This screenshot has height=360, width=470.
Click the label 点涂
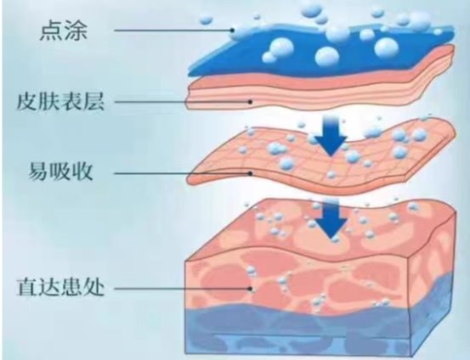[64, 31]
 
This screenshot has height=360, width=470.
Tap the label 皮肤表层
[60, 102]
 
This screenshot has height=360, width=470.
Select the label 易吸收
[60, 172]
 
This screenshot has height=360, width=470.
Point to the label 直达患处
[60, 287]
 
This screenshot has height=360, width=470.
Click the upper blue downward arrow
[331, 136]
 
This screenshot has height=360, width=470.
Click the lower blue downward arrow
[331, 220]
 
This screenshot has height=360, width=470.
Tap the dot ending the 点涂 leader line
[232, 30]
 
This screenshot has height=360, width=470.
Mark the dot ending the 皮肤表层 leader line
[251, 102]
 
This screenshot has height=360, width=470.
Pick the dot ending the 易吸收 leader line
[251, 173]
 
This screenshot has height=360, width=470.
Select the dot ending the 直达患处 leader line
[251, 289]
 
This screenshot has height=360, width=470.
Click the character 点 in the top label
[51, 31]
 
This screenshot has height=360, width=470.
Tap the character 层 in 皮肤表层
[93, 102]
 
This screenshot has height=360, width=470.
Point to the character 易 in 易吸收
[39, 172]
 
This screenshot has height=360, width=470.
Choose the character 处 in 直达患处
[93, 287]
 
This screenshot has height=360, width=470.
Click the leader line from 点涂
[173, 30]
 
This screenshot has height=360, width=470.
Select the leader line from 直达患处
[182, 289]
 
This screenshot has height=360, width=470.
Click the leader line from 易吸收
[182, 173]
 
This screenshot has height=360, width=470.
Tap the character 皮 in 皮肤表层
[27, 102]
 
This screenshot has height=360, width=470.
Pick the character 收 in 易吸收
[82, 172]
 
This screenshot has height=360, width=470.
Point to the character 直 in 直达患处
[27, 287]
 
